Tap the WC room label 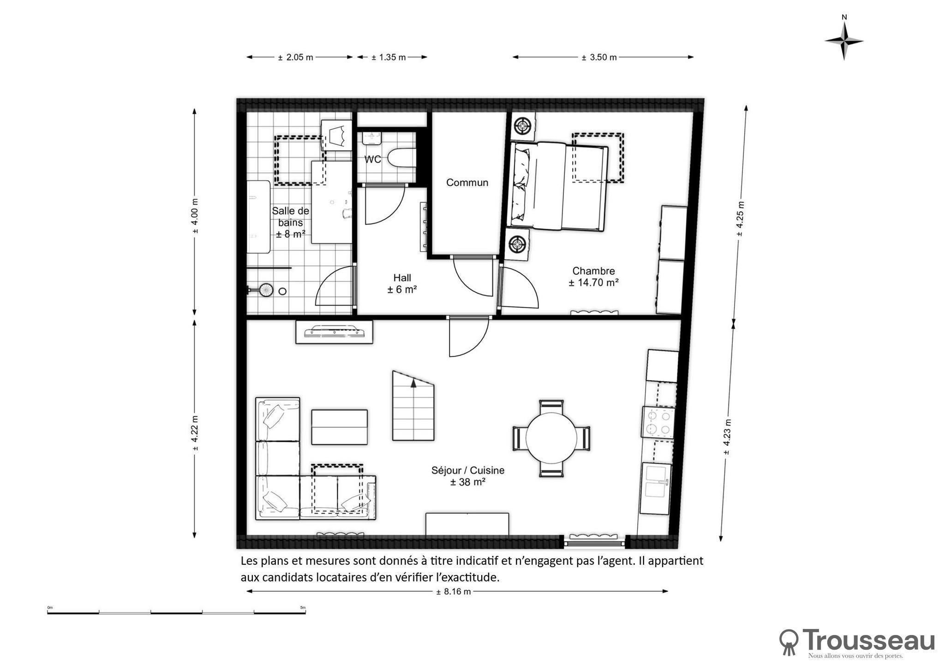[373, 160]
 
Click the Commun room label [467, 183]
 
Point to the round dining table [551, 438]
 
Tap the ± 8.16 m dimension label [454, 592]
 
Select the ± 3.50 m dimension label [599, 58]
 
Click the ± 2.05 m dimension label [295, 58]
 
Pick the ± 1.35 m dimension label [389, 58]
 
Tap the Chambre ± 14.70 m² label [593, 277]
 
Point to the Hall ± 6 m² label [402, 284]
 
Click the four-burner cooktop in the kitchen [658, 422]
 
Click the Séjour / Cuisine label [468, 470]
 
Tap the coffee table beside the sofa [339, 427]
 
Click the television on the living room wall [334, 332]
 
